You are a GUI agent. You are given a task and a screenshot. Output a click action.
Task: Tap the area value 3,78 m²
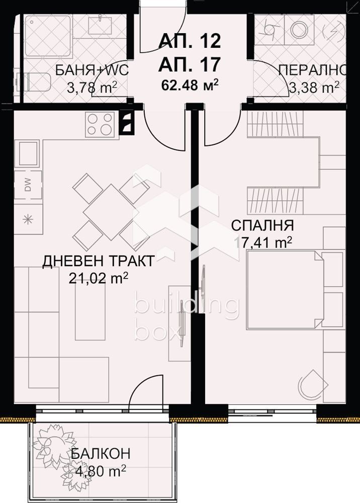[x=93, y=88]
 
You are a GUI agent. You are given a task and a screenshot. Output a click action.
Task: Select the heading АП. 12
[x=190, y=40]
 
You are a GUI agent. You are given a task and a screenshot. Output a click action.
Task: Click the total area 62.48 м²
[x=190, y=83]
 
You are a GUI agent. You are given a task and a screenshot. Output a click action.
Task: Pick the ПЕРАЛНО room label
[x=312, y=69]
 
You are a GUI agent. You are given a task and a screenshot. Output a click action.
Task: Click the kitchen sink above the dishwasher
[x=28, y=153]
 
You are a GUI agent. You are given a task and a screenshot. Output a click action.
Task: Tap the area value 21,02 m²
[x=99, y=278]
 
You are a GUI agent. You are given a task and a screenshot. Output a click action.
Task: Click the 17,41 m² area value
[x=263, y=242]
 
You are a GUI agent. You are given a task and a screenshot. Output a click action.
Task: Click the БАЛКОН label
[x=100, y=453]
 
